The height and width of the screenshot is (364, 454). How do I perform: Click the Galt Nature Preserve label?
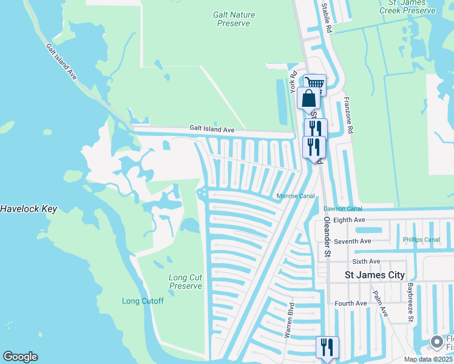pyautogui.click(x=234, y=19)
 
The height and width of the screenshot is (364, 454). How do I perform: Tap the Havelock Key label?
pyautogui.click(x=29, y=209)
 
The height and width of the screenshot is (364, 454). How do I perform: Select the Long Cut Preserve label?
pyautogui.click(x=185, y=281)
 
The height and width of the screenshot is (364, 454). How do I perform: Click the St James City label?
pyautogui.click(x=374, y=275)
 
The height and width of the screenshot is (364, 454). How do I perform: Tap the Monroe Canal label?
pyautogui.click(x=296, y=196)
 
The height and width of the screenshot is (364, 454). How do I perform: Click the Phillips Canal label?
pyautogui.click(x=421, y=240)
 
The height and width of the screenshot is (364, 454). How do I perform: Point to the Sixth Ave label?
pyautogui.click(x=366, y=261)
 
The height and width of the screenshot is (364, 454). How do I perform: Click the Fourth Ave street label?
pyautogui.click(x=351, y=303)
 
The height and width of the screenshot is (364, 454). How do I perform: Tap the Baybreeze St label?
pyautogui.click(x=410, y=301)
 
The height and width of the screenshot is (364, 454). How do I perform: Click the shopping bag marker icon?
pyautogui.click(x=308, y=98)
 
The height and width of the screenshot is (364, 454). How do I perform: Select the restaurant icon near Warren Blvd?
pyautogui.click(x=327, y=348)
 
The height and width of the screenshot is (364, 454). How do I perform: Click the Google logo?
pyautogui.click(x=20, y=357)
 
